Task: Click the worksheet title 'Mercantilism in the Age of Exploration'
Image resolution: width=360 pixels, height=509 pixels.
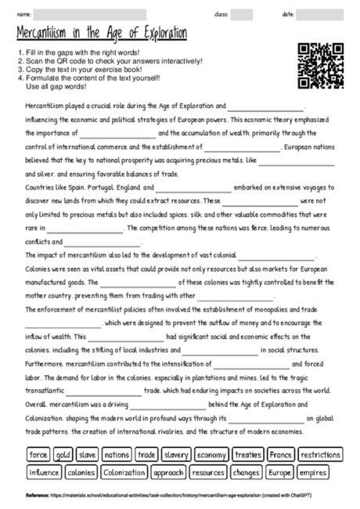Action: pos(102,34)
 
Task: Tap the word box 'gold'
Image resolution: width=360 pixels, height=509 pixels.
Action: pos(63,454)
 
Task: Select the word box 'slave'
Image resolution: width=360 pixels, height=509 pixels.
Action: pos(88,454)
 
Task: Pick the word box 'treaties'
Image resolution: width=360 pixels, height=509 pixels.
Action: pos(248,454)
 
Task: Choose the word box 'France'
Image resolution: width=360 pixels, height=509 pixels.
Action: pos(281,454)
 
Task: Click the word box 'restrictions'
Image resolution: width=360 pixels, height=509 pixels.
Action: pos(321,454)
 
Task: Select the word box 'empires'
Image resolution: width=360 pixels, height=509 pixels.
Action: pos(313,472)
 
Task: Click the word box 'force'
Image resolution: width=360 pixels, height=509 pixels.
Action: pos(38,454)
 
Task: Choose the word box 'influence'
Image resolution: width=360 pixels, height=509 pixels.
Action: pos(44,472)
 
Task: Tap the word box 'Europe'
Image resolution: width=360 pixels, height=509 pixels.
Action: pos(278,472)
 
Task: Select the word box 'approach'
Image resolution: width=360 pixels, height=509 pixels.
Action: pos(168,472)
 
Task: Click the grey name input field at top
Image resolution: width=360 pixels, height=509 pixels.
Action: pos(90,14)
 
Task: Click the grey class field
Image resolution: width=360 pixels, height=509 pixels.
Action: pos(242,14)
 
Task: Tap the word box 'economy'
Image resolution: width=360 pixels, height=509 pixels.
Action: pos(211,454)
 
